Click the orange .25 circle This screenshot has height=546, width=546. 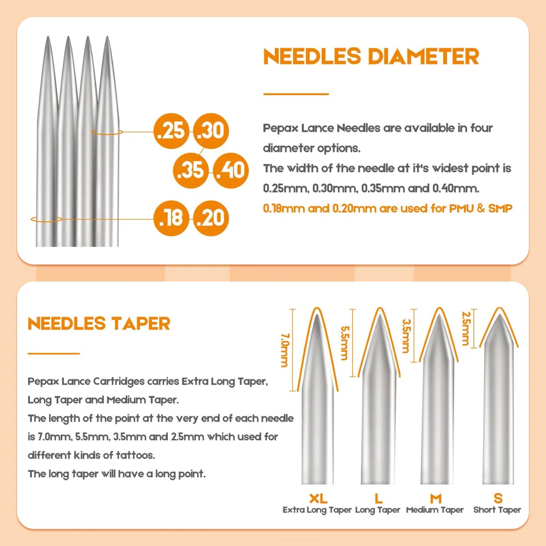(171, 131)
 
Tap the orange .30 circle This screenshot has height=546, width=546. (211, 131)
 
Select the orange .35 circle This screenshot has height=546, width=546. (191, 170)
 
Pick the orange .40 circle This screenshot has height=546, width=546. (231, 170)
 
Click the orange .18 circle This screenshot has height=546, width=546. (171, 218)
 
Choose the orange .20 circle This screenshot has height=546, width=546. (211, 218)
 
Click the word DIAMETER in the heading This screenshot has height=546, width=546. (423, 56)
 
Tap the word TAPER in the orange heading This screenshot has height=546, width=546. (141, 324)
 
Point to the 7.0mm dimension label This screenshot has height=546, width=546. (285, 350)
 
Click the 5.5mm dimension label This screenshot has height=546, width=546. (344, 343)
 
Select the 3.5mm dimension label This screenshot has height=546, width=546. (406, 336)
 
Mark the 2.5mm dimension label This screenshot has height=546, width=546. (466, 329)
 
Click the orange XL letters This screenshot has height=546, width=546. (318, 498)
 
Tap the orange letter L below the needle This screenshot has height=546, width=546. (379, 498)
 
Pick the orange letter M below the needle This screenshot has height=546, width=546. (436, 498)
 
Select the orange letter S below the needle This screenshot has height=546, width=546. (498, 498)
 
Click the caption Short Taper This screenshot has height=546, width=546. (497, 510)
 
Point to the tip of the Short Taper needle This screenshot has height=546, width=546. (500, 314)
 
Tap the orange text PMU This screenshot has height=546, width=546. (461, 208)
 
